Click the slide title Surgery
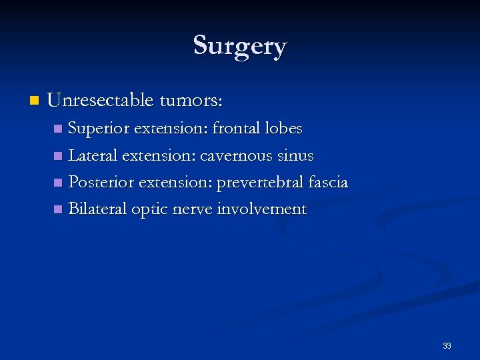(x=240, y=46)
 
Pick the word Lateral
(x=92, y=155)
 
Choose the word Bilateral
(x=97, y=209)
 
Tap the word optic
(x=150, y=210)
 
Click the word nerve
(x=192, y=210)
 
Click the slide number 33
(x=447, y=346)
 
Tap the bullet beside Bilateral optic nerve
(x=57, y=209)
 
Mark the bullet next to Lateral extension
(x=57, y=156)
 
